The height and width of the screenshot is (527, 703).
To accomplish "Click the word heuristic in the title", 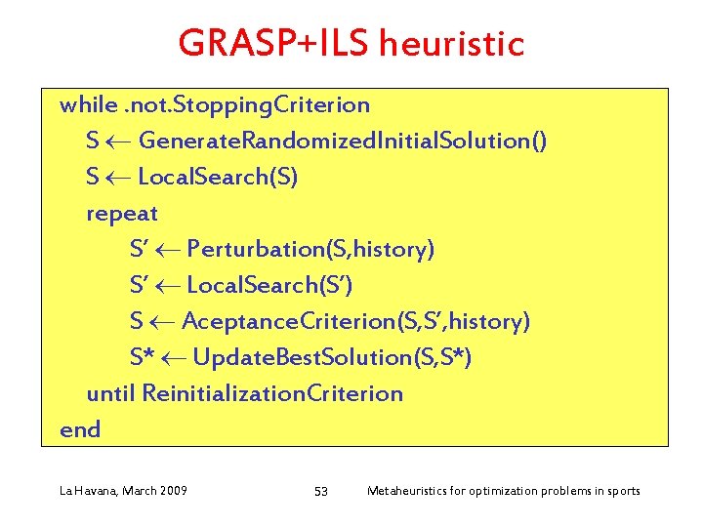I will point(452,44).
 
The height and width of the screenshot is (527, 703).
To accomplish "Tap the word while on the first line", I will point(88,104).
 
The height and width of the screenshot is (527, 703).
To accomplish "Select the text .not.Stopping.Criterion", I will point(246,104).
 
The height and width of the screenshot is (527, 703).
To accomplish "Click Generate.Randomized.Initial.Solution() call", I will point(343,142).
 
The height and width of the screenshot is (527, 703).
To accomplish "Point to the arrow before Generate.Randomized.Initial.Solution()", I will point(118,142).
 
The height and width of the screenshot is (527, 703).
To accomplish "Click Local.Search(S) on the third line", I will point(219,178).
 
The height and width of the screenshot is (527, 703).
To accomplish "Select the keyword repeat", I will point(122,214).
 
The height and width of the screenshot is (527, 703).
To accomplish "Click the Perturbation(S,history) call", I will point(310,250).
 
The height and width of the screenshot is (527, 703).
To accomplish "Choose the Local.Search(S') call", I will point(269,286).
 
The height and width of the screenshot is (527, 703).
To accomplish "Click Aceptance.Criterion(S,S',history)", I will point(356,322).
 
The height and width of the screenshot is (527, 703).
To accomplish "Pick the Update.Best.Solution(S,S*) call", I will point(333,358).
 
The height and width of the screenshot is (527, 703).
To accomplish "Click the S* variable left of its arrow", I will point(144,358).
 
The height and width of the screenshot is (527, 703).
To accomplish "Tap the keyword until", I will point(110,394).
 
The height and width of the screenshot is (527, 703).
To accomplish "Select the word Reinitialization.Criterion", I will point(272,394).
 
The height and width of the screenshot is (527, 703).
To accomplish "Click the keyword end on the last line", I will point(80,430).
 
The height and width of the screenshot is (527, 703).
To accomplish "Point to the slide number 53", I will point(320,491).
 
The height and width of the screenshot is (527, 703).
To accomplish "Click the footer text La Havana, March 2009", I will point(124,490).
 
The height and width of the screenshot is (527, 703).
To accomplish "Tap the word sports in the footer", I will point(620,490).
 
